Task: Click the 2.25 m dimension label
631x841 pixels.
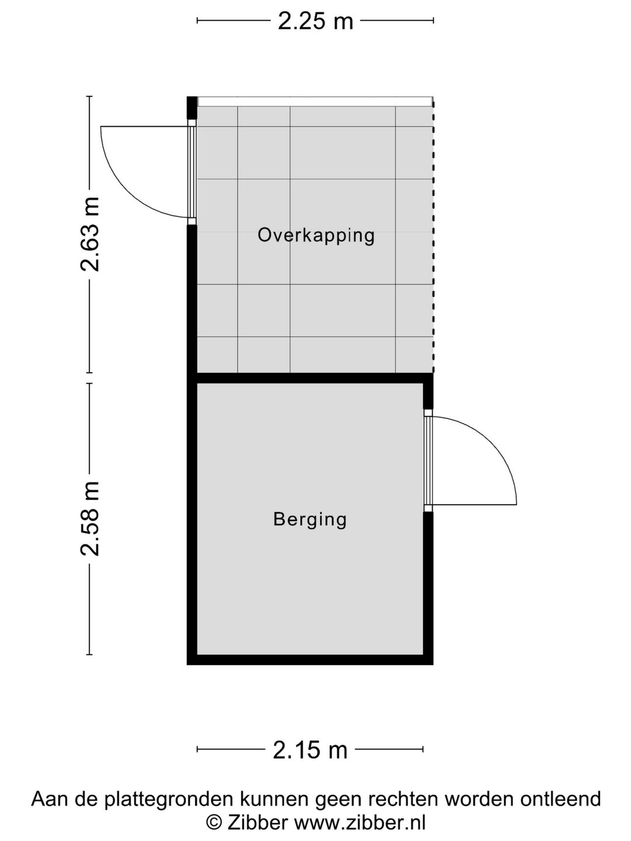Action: pos(315,21)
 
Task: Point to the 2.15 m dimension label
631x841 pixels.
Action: pos(310,749)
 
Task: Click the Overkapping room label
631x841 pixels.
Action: pos(316,235)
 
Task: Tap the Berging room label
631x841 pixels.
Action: pos(310,519)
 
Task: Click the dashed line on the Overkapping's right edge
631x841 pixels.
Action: pos(433,234)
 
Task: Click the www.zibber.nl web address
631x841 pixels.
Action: pos(359,823)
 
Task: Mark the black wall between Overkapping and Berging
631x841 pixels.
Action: pos(310,378)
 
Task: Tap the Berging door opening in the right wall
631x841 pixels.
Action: pos(428,460)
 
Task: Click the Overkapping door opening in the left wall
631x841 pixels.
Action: pos(192,172)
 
